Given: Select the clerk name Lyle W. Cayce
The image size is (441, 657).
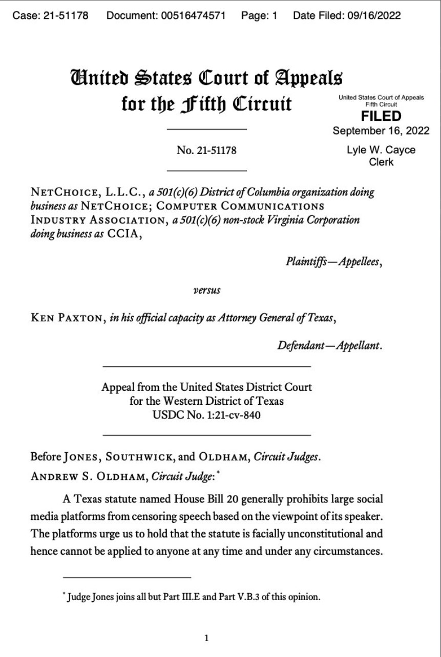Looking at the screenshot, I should pyautogui.click(x=381, y=150).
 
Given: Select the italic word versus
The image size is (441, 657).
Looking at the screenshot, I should pyautogui.click(x=206, y=290).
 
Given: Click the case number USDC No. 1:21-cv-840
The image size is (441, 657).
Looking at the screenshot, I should pyautogui.click(x=207, y=415).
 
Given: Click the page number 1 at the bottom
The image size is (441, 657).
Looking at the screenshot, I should pyautogui.click(x=206, y=638).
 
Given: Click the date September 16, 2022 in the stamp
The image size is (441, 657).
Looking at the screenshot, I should pyautogui.click(x=381, y=130).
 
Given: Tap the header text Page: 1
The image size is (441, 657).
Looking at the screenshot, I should pyautogui.click(x=259, y=15).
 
